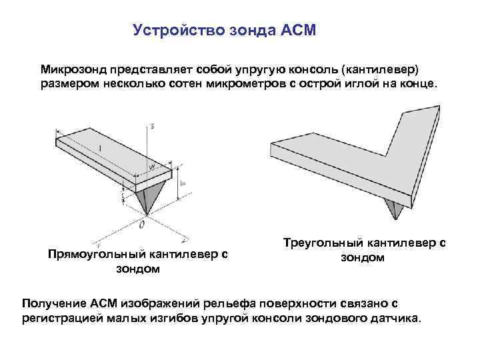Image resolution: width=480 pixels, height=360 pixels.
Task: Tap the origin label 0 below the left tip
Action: [x=141, y=225]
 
